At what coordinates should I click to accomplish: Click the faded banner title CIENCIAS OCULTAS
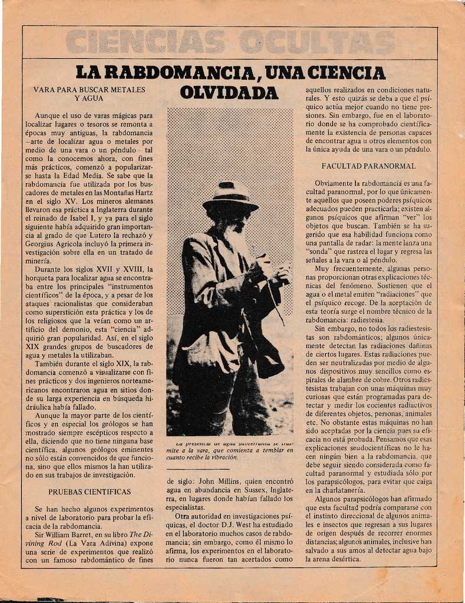(230, 42)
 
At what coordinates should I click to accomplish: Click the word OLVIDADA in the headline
(229, 92)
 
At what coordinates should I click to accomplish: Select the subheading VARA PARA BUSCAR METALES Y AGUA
(89, 94)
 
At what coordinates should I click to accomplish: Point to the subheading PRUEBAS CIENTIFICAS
(90, 491)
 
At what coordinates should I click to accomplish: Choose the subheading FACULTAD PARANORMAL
(368, 166)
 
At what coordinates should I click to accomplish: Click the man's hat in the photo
(230, 196)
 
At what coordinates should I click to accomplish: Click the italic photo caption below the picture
(229, 450)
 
